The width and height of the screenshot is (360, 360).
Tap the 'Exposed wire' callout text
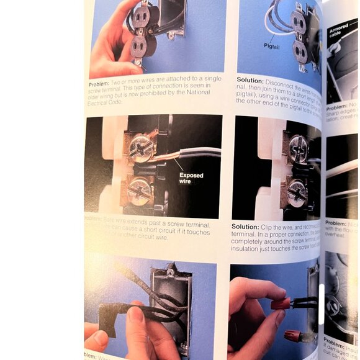[x=191, y=179]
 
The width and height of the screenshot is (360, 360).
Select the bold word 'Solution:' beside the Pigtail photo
[x=250, y=80]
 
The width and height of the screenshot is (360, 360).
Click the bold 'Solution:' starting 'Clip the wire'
[x=245, y=226]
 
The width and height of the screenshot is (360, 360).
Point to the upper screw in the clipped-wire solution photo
[x=297, y=148]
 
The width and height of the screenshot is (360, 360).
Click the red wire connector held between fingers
[x=281, y=304]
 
